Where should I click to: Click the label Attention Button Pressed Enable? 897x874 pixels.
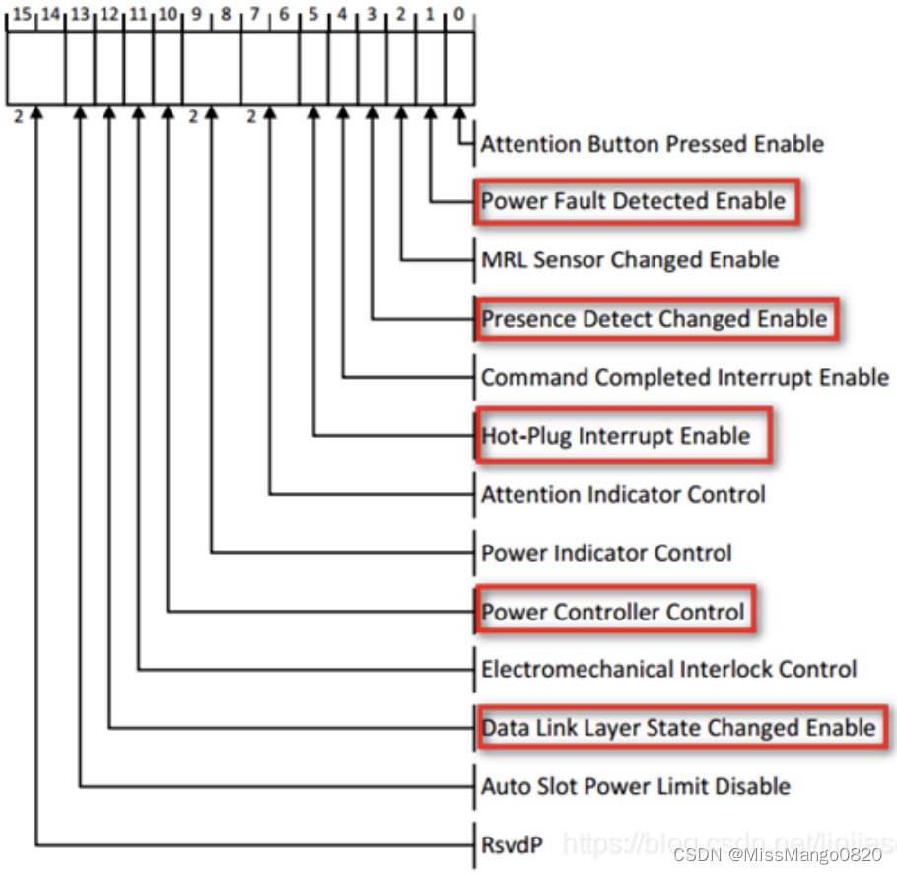pos(652,144)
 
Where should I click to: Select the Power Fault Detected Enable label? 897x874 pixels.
pos(634,202)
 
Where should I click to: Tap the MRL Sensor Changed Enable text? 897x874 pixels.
pos(630,260)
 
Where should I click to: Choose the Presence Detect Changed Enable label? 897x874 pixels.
pos(654,319)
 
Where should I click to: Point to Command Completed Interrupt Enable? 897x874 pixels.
pos(685,377)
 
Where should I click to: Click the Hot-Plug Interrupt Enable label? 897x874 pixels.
pos(616,436)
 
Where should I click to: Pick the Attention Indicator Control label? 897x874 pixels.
pos(623,493)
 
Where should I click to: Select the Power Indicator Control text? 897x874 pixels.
pos(606,552)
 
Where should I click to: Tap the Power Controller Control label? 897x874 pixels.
pos(613,612)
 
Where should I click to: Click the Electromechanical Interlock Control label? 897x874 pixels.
pos(668,669)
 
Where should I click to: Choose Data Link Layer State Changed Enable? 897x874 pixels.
pos(678,728)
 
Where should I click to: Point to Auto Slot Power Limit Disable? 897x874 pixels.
pos(636,786)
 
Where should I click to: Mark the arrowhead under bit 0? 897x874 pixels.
pos(459,115)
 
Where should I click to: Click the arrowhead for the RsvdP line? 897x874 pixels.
pos(36,115)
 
